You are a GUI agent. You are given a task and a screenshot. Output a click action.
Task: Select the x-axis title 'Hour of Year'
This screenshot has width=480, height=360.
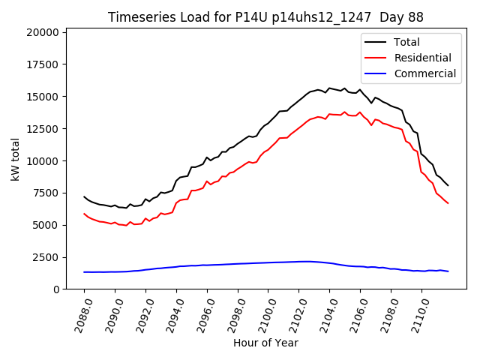coord(265,343)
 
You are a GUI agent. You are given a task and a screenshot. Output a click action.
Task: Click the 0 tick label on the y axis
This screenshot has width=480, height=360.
coord(56,289)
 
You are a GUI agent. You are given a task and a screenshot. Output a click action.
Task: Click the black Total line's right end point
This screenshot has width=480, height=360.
coord(448,185)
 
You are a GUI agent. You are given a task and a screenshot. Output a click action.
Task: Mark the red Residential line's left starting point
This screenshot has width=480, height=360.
coord(84,214)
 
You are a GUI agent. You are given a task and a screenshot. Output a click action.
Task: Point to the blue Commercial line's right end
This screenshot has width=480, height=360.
coord(448,271)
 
